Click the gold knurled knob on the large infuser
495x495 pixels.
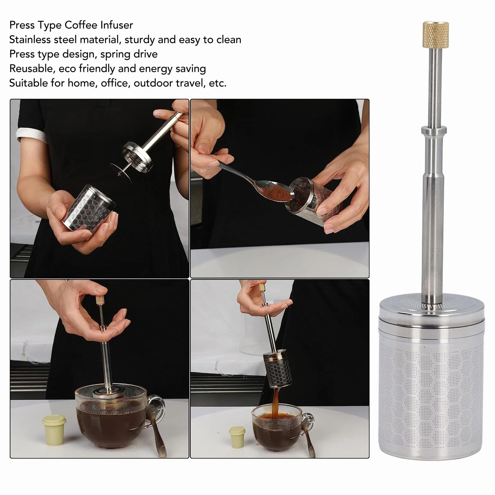(x=436, y=35)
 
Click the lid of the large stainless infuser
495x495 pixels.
(x=431, y=311)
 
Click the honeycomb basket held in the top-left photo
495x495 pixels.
(x=90, y=209)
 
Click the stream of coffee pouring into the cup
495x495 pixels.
(x=275, y=402)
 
